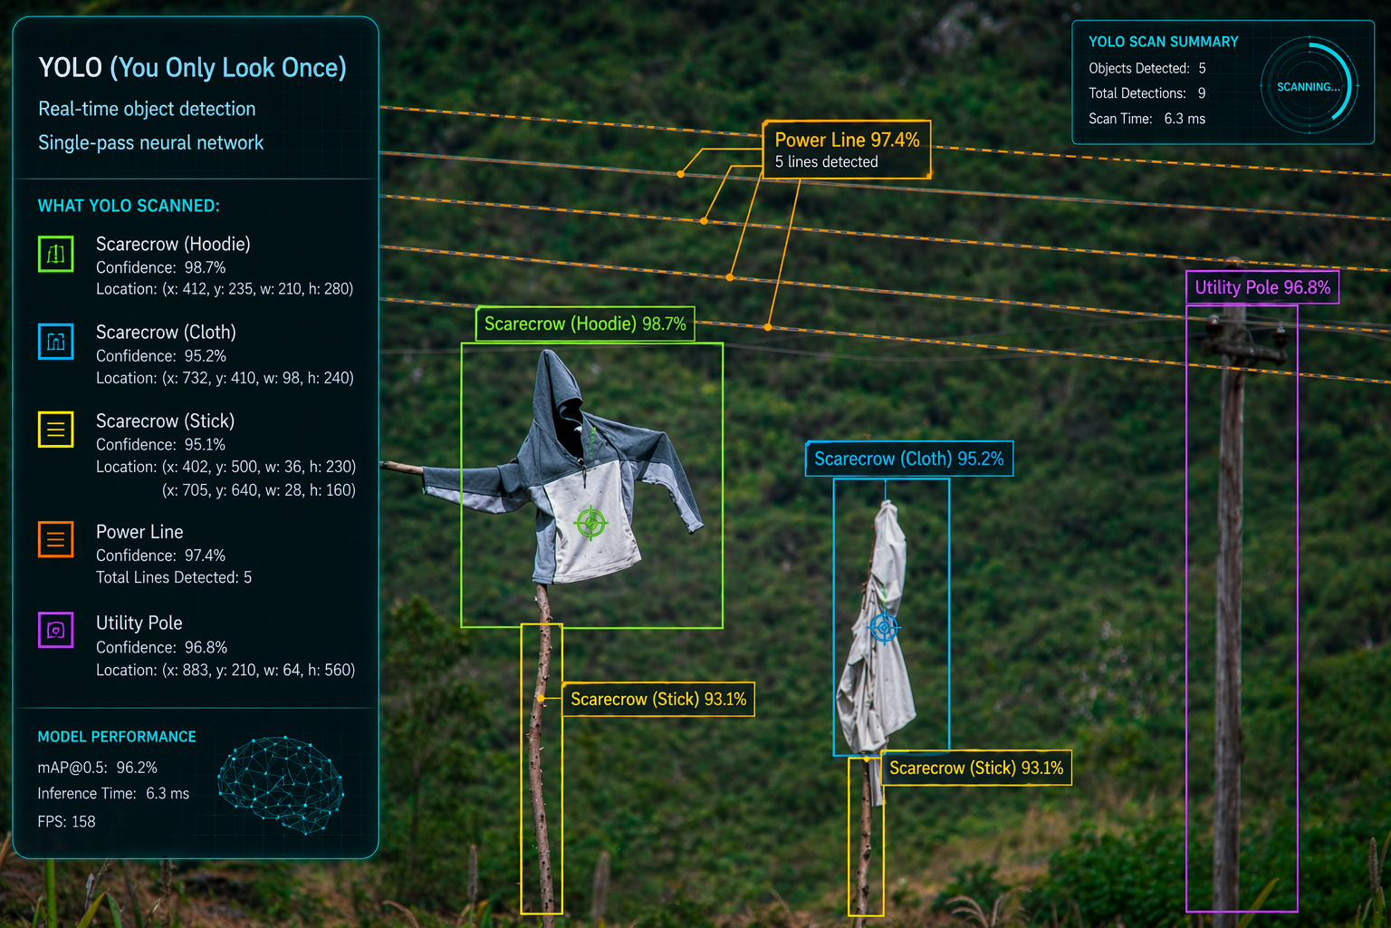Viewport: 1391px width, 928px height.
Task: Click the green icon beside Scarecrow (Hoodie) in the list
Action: click(x=56, y=254)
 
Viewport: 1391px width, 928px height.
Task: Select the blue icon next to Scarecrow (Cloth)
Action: click(x=56, y=342)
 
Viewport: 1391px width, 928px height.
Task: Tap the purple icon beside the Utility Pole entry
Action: click(x=56, y=630)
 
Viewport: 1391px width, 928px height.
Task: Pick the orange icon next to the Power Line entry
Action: click(x=56, y=539)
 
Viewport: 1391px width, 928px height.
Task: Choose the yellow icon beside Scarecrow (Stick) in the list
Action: click(x=56, y=429)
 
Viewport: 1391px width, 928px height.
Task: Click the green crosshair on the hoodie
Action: click(x=590, y=523)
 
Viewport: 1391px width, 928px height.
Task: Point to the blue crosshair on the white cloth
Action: click(x=884, y=628)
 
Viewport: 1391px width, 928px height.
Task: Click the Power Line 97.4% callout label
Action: click(x=847, y=150)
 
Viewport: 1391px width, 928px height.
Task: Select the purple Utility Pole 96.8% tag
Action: click(x=1262, y=287)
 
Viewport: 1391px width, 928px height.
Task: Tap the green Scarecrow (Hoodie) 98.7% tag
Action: click(x=585, y=324)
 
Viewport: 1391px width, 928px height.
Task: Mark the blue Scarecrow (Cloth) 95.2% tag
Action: click(x=909, y=459)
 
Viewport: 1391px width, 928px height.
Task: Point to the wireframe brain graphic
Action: click(x=281, y=785)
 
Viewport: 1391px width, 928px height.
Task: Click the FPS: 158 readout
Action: click(x=66, y=822)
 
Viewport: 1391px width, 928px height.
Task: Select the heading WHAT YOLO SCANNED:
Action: click(x=129, y=206)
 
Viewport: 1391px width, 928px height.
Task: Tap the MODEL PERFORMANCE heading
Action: click(x=117, y=737)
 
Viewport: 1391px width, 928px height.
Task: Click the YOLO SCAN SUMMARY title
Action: click(x=1163, y=42)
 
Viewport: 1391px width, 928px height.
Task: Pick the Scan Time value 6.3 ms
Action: click(x=1185, y=119)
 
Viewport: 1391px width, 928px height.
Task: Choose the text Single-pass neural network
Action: click(x=151, y=143)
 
